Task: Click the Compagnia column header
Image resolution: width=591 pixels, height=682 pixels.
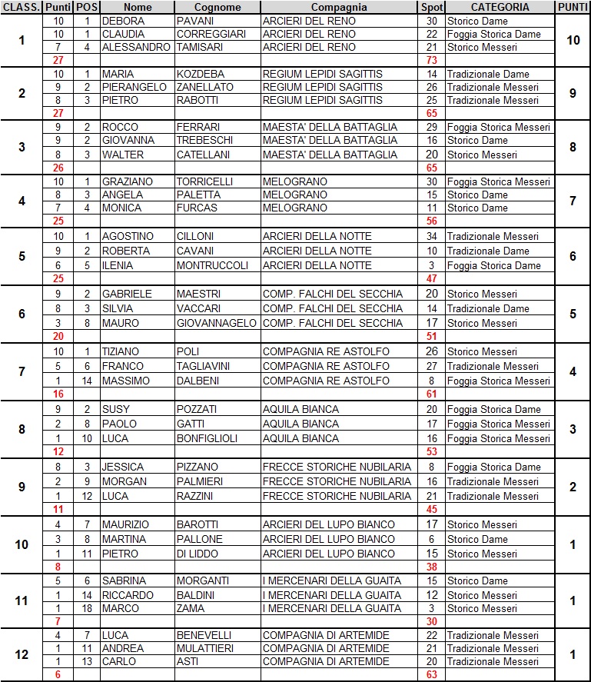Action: point(339,7)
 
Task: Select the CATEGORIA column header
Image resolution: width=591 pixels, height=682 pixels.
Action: point(500,7)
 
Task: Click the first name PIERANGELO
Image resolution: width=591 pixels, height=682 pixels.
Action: point(134,87)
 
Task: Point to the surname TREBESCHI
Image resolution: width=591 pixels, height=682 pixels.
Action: point(203,140)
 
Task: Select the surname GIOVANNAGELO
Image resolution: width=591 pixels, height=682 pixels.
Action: point(216,323)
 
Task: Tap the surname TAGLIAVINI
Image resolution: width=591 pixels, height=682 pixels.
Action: point(208,366)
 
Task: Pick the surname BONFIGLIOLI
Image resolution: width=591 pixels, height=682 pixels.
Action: point(211,438)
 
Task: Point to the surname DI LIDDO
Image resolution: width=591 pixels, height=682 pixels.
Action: point(199,554)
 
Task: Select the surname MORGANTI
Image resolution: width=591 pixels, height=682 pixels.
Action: point(204,581)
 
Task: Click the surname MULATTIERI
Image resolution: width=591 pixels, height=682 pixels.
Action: point(208,648)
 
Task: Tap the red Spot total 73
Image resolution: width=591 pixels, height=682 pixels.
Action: point(431,60)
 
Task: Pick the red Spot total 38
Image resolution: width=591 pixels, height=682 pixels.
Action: point(431,567)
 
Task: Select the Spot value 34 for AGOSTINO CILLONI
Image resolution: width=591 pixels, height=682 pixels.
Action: point(431,236)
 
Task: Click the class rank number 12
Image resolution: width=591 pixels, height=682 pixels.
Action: point(22,654)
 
